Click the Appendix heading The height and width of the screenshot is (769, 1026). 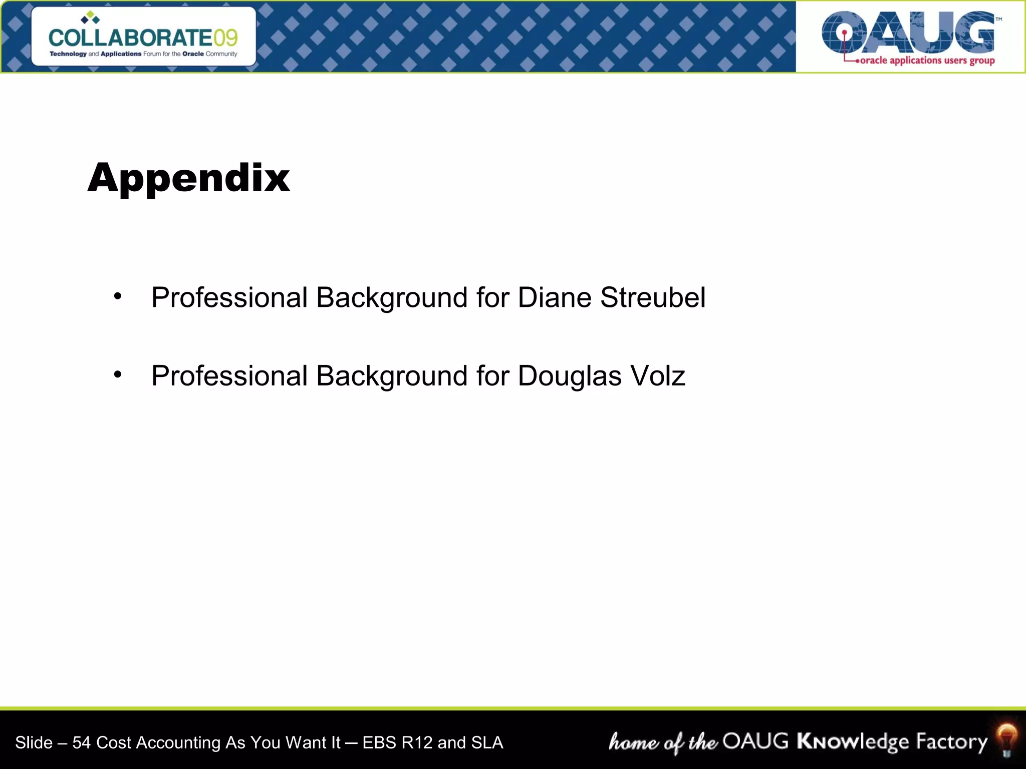click(x=188, y=178)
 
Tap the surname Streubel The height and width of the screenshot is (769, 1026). click(x=653, y=297)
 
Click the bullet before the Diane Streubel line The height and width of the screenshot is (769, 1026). click(x=118, y=296)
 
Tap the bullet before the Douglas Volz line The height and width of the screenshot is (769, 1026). click(x=118, y=374)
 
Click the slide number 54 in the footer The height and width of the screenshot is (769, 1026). click(x=81, y=742)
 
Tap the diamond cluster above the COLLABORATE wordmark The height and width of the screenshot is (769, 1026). click(x=90, y=18)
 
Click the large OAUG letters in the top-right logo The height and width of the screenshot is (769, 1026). click(x=908, y=33)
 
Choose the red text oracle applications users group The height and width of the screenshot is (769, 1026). click(x=927, y=61)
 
